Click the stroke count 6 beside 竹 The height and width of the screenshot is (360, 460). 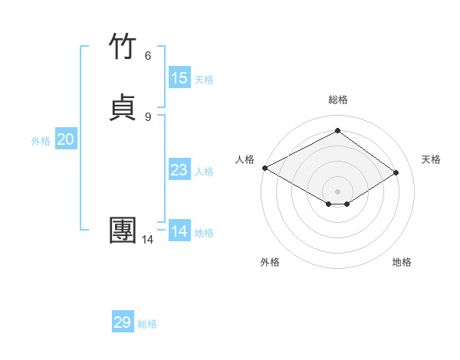(x=148, y=56)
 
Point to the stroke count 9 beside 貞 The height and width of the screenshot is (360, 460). (x=148, y=116)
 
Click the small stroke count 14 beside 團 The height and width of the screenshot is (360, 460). (x=147, y=240)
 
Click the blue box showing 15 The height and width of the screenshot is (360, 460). (x=179, y=78)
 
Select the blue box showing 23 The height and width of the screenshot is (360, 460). (x=179, y=170)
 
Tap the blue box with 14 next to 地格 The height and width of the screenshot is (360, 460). (x=179, y=231)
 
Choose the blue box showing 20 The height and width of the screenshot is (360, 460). (x=66, y=139)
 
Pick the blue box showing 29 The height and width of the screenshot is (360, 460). (x=123, y=322)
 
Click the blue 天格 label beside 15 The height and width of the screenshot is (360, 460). (x=204, y=80)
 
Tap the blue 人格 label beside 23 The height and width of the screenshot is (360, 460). (x=204, y=172)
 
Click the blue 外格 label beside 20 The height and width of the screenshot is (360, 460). (x=41, y=141)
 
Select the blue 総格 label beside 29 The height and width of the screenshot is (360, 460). (x=147, y=324)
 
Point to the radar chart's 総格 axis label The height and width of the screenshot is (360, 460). (x=337, y=100)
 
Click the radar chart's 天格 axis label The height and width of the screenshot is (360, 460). (x=431, y=159)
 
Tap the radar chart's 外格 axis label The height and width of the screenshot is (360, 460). (x=270, y=262)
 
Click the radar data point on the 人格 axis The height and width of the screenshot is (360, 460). (x=264, y=167)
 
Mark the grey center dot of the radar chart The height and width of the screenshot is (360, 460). (x=337, y=191)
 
